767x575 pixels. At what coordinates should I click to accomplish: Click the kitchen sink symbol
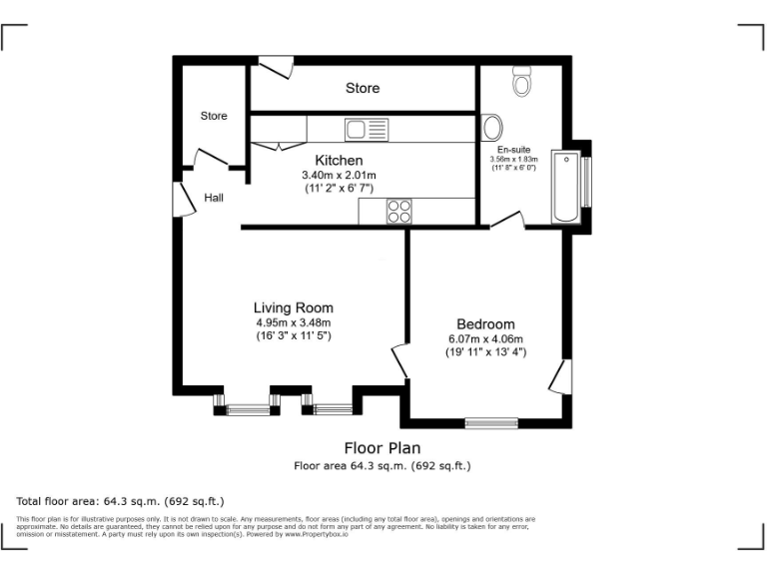365,128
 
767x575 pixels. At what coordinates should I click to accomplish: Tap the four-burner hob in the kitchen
399,211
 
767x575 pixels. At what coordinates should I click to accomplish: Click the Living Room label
293,307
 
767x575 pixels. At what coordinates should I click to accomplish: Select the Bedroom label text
485,324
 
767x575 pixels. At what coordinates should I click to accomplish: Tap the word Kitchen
339,160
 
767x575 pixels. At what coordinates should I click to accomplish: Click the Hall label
214,198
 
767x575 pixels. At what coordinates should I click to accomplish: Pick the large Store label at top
363,88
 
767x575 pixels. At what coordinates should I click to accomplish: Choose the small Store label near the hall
214,116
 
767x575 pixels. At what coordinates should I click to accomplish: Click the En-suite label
513,149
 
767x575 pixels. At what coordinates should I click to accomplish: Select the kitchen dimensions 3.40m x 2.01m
339,175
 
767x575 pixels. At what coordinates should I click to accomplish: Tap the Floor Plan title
383,448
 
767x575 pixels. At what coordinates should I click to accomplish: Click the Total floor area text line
121,500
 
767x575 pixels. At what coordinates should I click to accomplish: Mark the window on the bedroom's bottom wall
491,422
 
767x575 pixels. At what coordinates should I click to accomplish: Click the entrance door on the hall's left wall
183,199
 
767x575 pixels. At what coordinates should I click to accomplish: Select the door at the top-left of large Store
275,66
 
